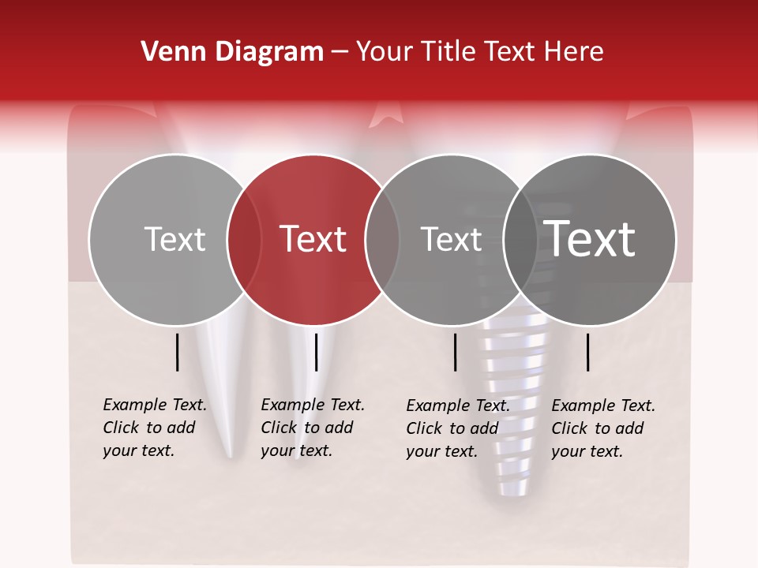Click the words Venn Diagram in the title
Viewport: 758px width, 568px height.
(232, 52)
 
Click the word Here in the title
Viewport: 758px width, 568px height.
(573, 52)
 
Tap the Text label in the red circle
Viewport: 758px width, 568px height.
(313, 239)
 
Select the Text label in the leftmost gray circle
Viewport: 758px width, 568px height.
(174, 239)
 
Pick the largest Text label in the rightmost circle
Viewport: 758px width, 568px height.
(590, 238)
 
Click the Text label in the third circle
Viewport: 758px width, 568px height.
(452, 239)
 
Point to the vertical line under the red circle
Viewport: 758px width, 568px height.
(316, 352)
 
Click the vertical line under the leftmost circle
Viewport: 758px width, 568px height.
(178, 352)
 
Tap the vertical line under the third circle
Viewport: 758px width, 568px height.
(456, 352)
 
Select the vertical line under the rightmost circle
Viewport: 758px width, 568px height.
(588, 352)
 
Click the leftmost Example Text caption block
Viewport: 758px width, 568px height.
(155, 428)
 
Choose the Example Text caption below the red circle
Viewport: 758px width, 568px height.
(313, 428)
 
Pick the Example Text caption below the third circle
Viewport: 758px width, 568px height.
(458, 428)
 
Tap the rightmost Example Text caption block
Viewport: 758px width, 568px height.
(603, 428)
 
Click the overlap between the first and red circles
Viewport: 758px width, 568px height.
(244, 239)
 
